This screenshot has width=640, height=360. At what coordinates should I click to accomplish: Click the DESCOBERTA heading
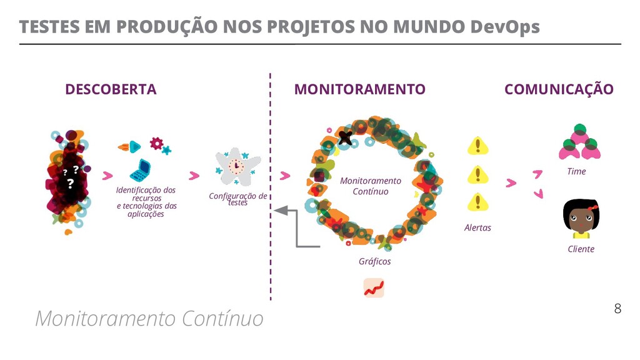[x=111, y=89]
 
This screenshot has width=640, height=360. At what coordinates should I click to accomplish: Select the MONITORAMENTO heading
[x=359, y=89]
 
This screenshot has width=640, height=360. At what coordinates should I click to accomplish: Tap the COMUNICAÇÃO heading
[x=559, y=89]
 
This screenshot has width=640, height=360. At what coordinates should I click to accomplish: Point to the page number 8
[x=617, y=308]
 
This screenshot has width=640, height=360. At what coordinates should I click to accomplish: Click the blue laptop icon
[x=141, y=169]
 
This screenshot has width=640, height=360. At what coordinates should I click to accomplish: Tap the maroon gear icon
[x=156, y=144]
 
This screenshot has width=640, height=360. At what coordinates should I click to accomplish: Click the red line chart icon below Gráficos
[x=374, y=287]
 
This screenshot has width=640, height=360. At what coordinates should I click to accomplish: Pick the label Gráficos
[x=374, y=261]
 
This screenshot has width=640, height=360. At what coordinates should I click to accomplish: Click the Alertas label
[x=477, y=227]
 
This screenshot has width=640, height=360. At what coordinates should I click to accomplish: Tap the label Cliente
[x=581, y=249]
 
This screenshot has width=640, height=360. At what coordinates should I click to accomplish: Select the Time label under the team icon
[x=576, y=171]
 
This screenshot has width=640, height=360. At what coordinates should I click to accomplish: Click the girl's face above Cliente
[x=581, y=216]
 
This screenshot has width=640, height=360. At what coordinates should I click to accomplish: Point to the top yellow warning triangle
[x=478, y=147]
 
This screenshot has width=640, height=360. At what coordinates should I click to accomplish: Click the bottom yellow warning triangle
[x=478, y=202]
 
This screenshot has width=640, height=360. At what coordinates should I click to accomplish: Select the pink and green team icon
[x=579, y=142]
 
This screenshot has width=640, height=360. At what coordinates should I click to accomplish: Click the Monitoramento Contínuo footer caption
[x=149, y=319]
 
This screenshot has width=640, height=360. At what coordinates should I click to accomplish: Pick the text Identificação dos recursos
[x=146, y=194]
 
